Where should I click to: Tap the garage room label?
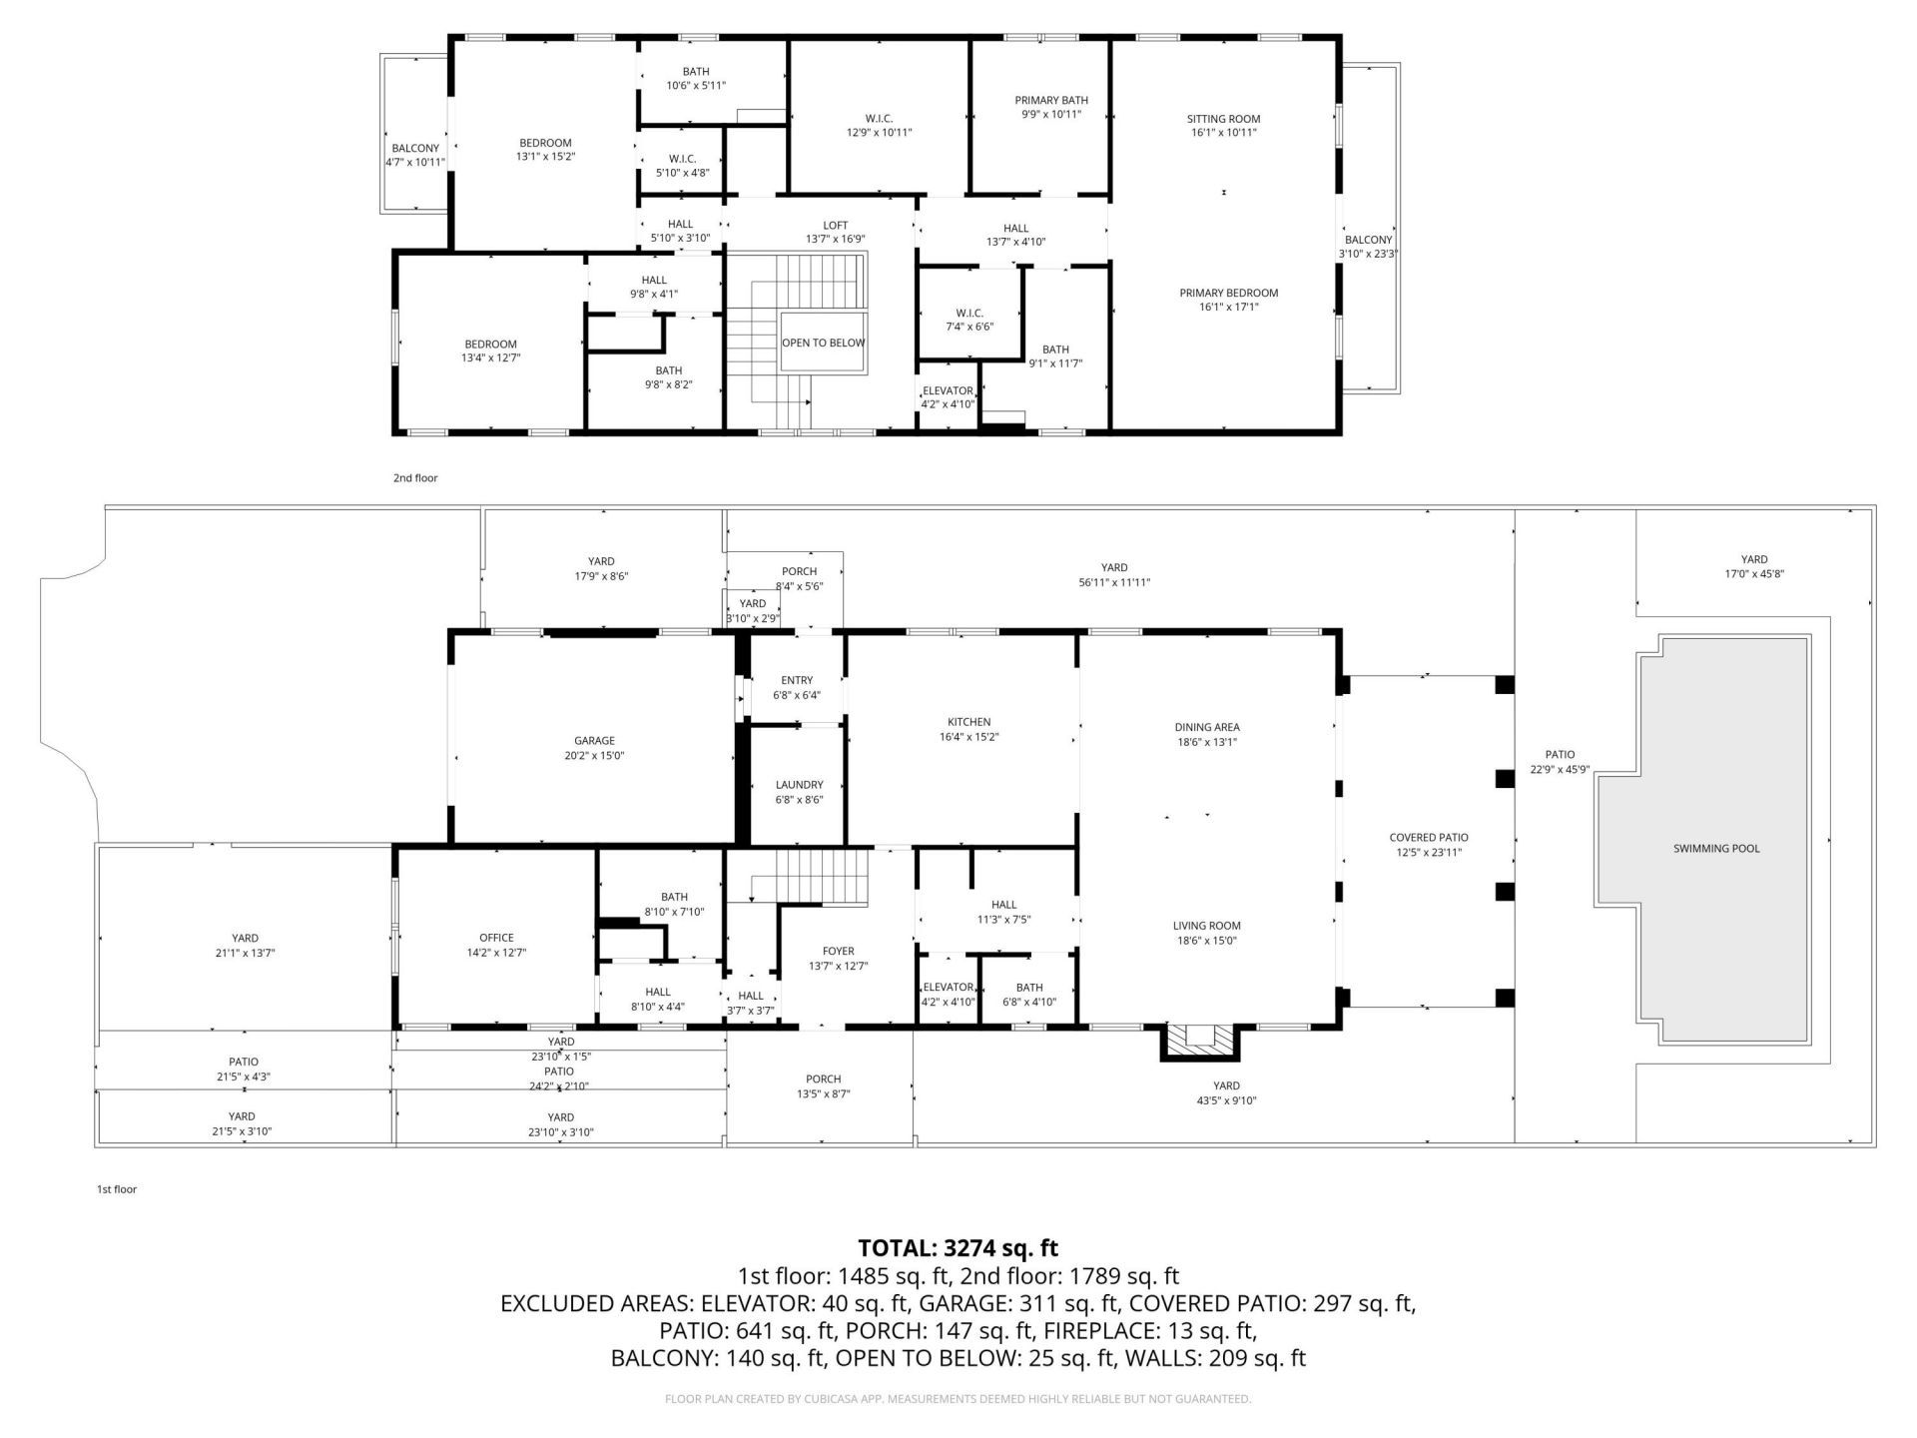click(594, 741)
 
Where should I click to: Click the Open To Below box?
click(823, 343)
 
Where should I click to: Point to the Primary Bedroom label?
click(1228, 293)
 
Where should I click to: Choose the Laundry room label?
click(799, 785)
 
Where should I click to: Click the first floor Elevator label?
click(948, 988)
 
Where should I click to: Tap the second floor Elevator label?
click(948, 390)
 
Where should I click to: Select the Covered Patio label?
click(1428, 838)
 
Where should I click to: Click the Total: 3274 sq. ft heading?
click(958, 1247)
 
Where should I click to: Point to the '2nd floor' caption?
click(415, 478)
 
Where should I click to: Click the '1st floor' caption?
click(117, 1189)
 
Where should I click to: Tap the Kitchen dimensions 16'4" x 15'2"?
click(968, 737)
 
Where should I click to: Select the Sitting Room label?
click(1223, 119)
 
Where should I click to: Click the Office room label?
click(496, 938)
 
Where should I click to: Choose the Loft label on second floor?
click(835, 225)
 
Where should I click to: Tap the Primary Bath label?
click(1050, 100)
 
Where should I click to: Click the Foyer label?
click(839, 952)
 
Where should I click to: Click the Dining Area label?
click(1207, 727)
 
